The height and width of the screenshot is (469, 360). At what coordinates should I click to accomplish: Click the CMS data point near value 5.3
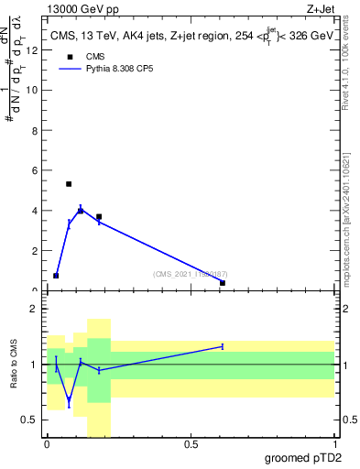pos(69,184)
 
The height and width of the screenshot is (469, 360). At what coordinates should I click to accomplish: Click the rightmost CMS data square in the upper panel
pos(223,283)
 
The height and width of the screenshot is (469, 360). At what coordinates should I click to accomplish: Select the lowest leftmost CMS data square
pos(56,276)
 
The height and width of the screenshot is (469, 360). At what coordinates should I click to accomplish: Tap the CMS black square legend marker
pos(69,57)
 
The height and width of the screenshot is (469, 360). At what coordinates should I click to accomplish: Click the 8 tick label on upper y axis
pos(35,130)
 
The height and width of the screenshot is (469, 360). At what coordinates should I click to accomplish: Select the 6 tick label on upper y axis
pos(35,170)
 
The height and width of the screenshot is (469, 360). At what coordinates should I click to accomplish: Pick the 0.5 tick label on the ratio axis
pos(30,420)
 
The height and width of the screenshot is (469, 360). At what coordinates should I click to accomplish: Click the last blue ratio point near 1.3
pos(223,346)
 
